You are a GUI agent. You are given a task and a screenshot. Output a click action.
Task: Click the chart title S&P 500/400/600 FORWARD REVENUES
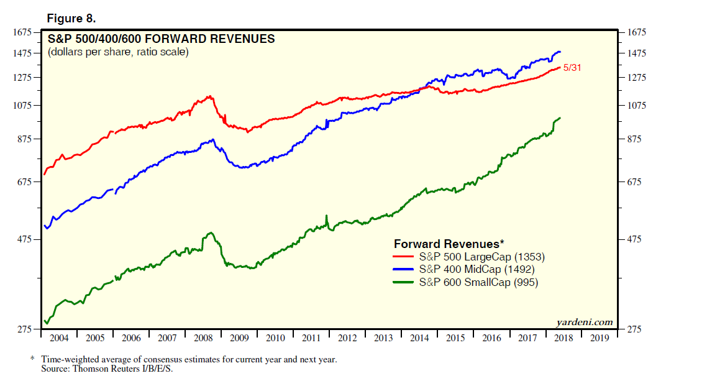tap(162, 39)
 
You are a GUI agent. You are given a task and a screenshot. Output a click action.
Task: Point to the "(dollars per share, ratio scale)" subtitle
tap(118, 52)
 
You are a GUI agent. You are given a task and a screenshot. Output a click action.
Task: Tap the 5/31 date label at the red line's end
tap(572, 68)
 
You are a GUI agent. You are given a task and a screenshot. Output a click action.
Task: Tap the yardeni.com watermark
tap(584, 322)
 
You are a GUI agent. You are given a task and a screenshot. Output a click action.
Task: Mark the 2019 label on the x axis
tap(600, 338)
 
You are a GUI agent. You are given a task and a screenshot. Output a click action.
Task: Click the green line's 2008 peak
tap(210, 233)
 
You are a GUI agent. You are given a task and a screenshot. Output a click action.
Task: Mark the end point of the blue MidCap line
tap(560, 52)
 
